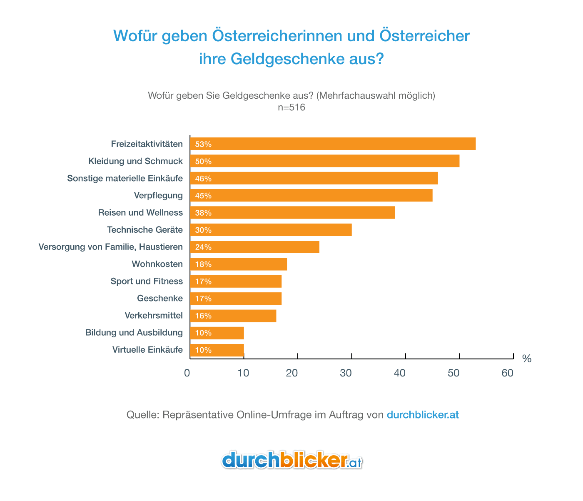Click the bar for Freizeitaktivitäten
[332, 144]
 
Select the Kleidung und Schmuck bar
[324, 161]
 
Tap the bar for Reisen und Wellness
[292, 212]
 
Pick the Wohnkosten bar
[238, 264]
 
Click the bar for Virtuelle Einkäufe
[217, 350]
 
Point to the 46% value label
[203, 179]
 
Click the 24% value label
[203, 247]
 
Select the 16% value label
[203, 316]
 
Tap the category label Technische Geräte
[145, 230]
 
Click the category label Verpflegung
[158, 195]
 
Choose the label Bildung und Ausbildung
[134, 332]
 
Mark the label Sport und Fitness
[147, 281]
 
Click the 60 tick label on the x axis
[508, 373]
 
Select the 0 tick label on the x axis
[187, 373]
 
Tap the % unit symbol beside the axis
[526, 359]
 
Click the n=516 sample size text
[291, 107]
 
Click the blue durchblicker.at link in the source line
[423, 415]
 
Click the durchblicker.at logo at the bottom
[291, 460]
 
